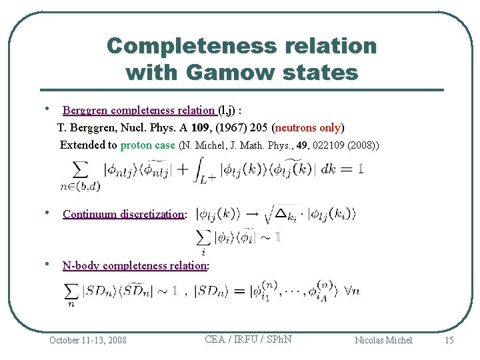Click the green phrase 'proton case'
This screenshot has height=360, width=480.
point(148,145)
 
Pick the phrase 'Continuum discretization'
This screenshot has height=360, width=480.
point(123,214)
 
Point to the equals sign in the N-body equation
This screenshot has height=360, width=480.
point(238,291)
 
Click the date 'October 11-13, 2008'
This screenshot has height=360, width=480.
point(88,340)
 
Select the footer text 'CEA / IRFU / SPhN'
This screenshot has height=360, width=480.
point(248,339)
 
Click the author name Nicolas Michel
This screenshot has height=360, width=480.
point(383,340)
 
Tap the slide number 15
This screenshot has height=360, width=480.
point(449,340)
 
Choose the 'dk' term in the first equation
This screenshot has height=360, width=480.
point(328,170)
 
